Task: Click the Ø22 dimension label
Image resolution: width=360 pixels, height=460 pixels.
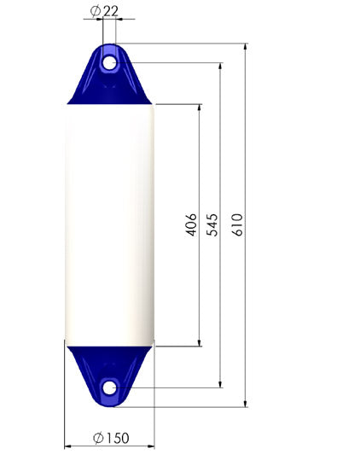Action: point(104,11)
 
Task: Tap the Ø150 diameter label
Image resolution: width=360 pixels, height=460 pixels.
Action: point(111,438)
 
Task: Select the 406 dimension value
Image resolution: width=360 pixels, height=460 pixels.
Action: point(191,224)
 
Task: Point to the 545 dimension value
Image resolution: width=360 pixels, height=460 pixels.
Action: point(212,224)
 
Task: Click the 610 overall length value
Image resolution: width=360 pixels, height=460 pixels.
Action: point(237,224)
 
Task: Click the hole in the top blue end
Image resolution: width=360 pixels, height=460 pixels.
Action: point(110,63)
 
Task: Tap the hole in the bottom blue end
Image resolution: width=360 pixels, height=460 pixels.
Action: point(110,387)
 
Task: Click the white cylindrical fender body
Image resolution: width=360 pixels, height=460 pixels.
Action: point(110,225)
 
